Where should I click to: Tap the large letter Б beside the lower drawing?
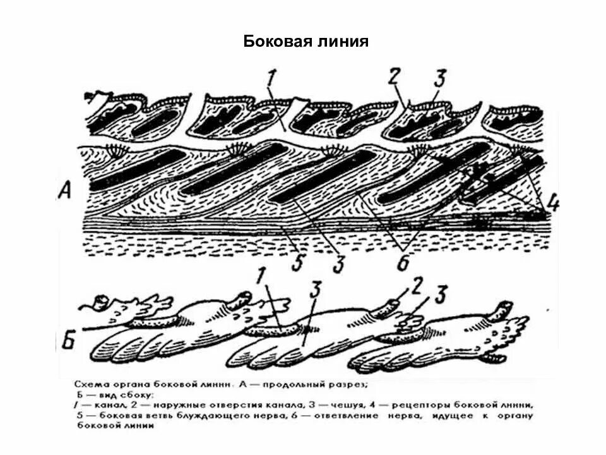68,341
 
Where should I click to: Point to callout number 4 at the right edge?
552,204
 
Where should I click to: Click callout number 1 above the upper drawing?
271,80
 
